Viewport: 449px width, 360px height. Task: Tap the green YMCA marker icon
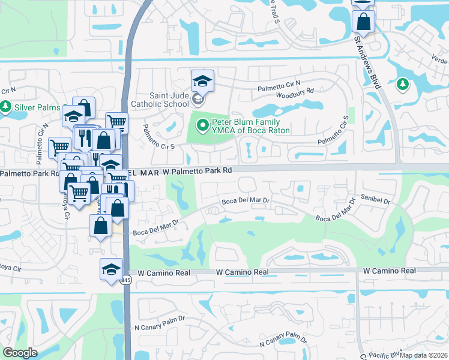(x=203, y=125)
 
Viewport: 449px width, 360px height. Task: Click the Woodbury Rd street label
(x=295, y=91)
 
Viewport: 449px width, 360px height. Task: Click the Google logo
(x=20, y=353)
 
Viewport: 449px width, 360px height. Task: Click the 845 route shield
(x=125, y=280)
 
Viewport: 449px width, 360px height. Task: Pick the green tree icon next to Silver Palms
(x=6, y=106)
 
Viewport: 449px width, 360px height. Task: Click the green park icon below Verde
(x=402, y=85)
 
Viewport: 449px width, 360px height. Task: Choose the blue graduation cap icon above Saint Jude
(x=202, y=80)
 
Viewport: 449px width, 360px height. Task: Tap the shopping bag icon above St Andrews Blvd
(x=364, y=22)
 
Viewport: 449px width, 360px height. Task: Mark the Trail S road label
(x=274, y=11)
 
